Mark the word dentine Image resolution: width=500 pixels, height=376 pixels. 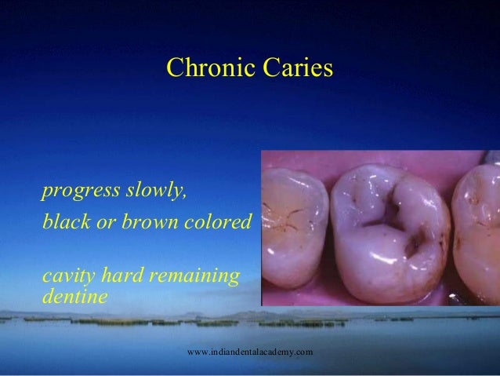(69, 298)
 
